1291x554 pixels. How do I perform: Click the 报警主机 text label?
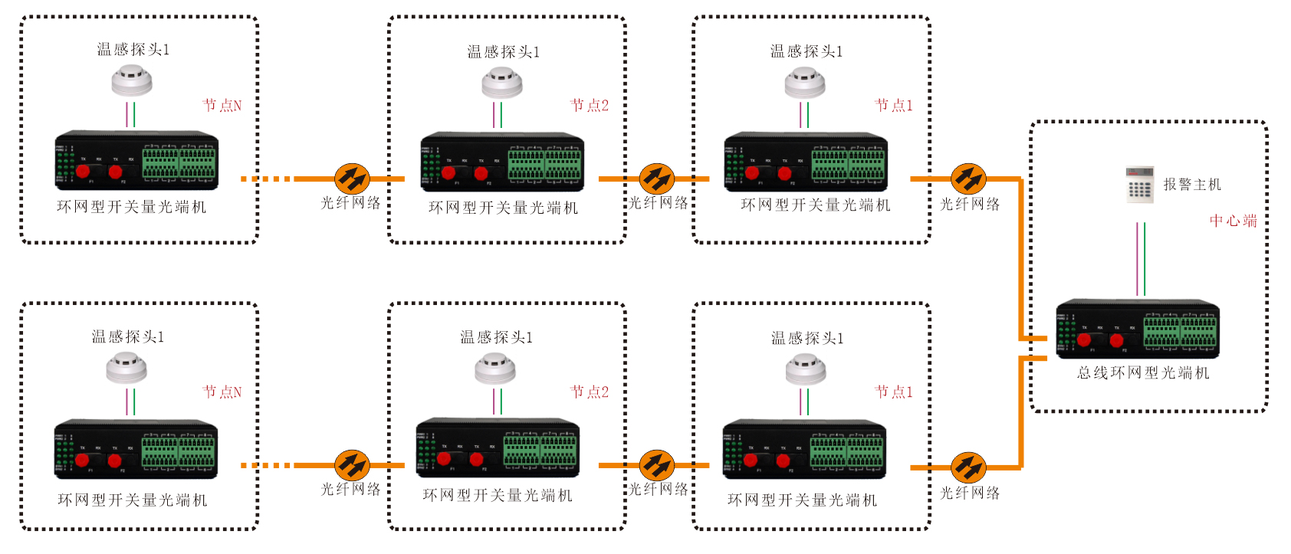[x=1191, y=185]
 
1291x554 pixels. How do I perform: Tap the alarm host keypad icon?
[x=1139, y=185]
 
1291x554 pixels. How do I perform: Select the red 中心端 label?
[x=1233, y=221]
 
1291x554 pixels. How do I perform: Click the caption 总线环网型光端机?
[x=1142, y=373]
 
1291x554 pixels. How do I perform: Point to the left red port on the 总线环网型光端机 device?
[x=1084, y=339]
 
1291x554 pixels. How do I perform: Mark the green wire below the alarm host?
[x=1145, y=259]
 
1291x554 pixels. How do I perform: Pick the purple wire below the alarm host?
[x=1137, y=259]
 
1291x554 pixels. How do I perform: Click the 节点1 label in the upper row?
[x=893, y=106]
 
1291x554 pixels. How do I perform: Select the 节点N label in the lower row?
[x=222, y=392]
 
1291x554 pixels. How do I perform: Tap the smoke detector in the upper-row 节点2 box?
[x=502, y=83]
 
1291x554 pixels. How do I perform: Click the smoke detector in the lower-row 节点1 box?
[x=806, y=371]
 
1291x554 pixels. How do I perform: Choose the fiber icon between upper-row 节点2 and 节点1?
[x=657, y=179]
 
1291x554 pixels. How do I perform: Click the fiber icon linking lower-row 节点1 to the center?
[x=968, y=467]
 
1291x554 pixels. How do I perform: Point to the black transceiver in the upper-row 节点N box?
[x=136, y=161]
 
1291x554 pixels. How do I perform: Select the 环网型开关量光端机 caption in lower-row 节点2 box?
[x=498, y=496]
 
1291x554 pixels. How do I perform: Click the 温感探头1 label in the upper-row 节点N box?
[x=133, y=50]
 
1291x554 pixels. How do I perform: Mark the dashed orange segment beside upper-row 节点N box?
[x=266, y=179]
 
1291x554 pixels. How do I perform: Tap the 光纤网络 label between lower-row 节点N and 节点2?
[x=350, y=490]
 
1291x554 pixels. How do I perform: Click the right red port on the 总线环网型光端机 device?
[x=1116, y=339]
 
